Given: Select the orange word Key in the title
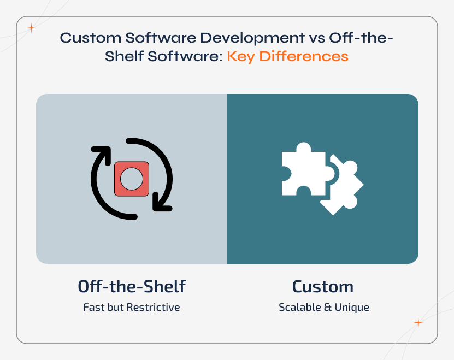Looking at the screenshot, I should coord(242,56).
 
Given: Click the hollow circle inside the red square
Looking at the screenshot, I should coord(131,178).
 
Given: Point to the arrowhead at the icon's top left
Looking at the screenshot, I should coord(100,154).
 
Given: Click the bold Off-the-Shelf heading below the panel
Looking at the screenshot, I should coord(132,286).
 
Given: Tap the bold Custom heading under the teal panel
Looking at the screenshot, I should coord(322,286).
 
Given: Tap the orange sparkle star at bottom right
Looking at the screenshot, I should coord(418,322).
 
